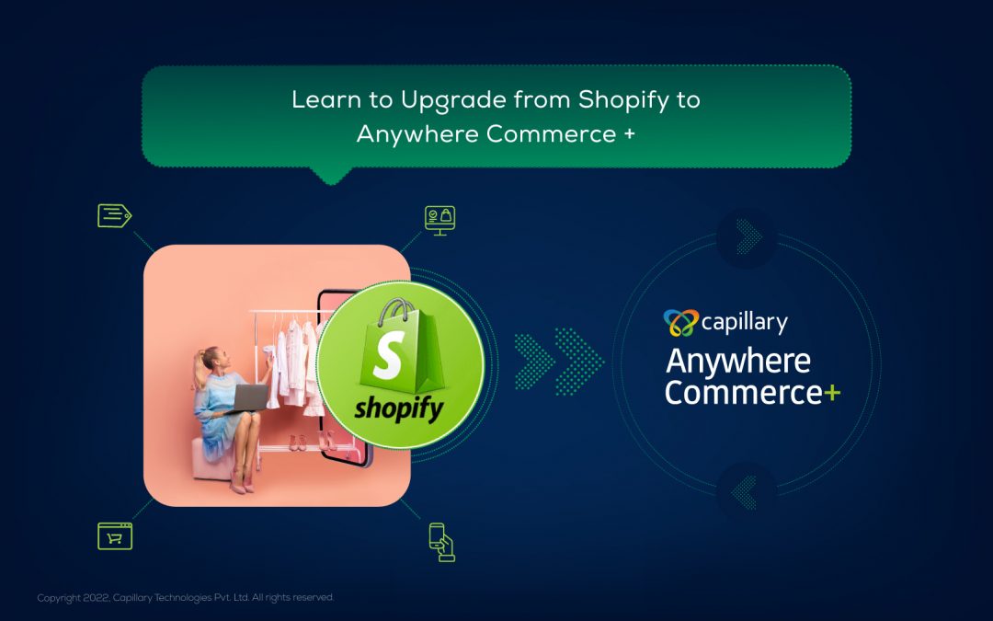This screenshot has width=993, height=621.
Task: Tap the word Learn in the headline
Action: (325, 99)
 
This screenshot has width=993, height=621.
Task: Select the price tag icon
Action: (115, 215)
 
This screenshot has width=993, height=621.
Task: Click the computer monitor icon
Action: (440, 221)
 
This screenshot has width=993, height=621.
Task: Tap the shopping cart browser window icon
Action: (115, 536)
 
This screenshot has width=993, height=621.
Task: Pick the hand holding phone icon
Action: (442, 542)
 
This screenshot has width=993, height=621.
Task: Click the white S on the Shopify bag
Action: (388, 355)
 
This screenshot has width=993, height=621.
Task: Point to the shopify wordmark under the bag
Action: (399, 408)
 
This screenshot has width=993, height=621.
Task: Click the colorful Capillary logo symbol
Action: (680, 323)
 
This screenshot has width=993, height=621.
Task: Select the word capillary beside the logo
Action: (745, 323)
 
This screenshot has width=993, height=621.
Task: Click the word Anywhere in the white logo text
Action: (738, 362)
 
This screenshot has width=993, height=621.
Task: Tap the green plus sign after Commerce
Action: (832, 394)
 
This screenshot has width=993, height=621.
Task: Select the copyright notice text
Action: (185, 598)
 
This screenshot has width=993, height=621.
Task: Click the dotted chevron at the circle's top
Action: (748, 236)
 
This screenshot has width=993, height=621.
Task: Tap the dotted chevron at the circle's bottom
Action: (745, 492)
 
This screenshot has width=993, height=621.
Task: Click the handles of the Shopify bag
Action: (396, 309)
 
